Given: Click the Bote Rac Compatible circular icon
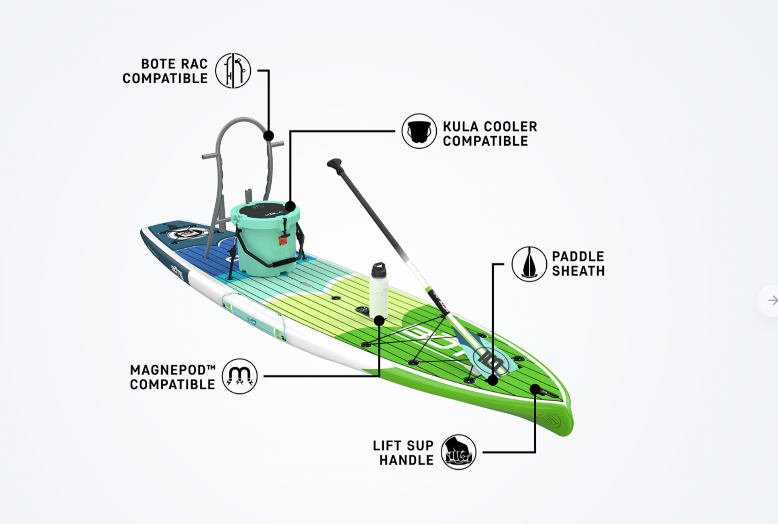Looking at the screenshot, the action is (x=233, y=71).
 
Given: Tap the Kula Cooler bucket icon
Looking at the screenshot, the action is (x=419, y=131).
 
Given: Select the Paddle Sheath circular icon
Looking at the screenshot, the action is (x=529, y=264).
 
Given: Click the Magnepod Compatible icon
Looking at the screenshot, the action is (x=240, y=376).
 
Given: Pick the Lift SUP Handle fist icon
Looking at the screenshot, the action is (x=459, y=452).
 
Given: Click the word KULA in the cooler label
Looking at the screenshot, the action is (x=461, y=127).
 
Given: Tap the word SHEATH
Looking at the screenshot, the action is (x=578, y=271).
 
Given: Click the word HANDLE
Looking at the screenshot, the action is (x=406, y=460).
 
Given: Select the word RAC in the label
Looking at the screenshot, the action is (x=194, y=64).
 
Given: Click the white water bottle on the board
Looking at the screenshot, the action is (x=379, y=290).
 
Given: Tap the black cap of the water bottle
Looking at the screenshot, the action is (x=379, y=269).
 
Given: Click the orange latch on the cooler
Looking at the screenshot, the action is (x=283, y=240).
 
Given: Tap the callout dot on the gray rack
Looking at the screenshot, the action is (x=268, y=136).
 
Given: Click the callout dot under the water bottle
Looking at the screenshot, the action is (x=379, y=321).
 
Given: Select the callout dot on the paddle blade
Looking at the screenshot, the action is (x=493, y=380).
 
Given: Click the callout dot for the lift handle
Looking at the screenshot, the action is (x=535, y=389).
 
